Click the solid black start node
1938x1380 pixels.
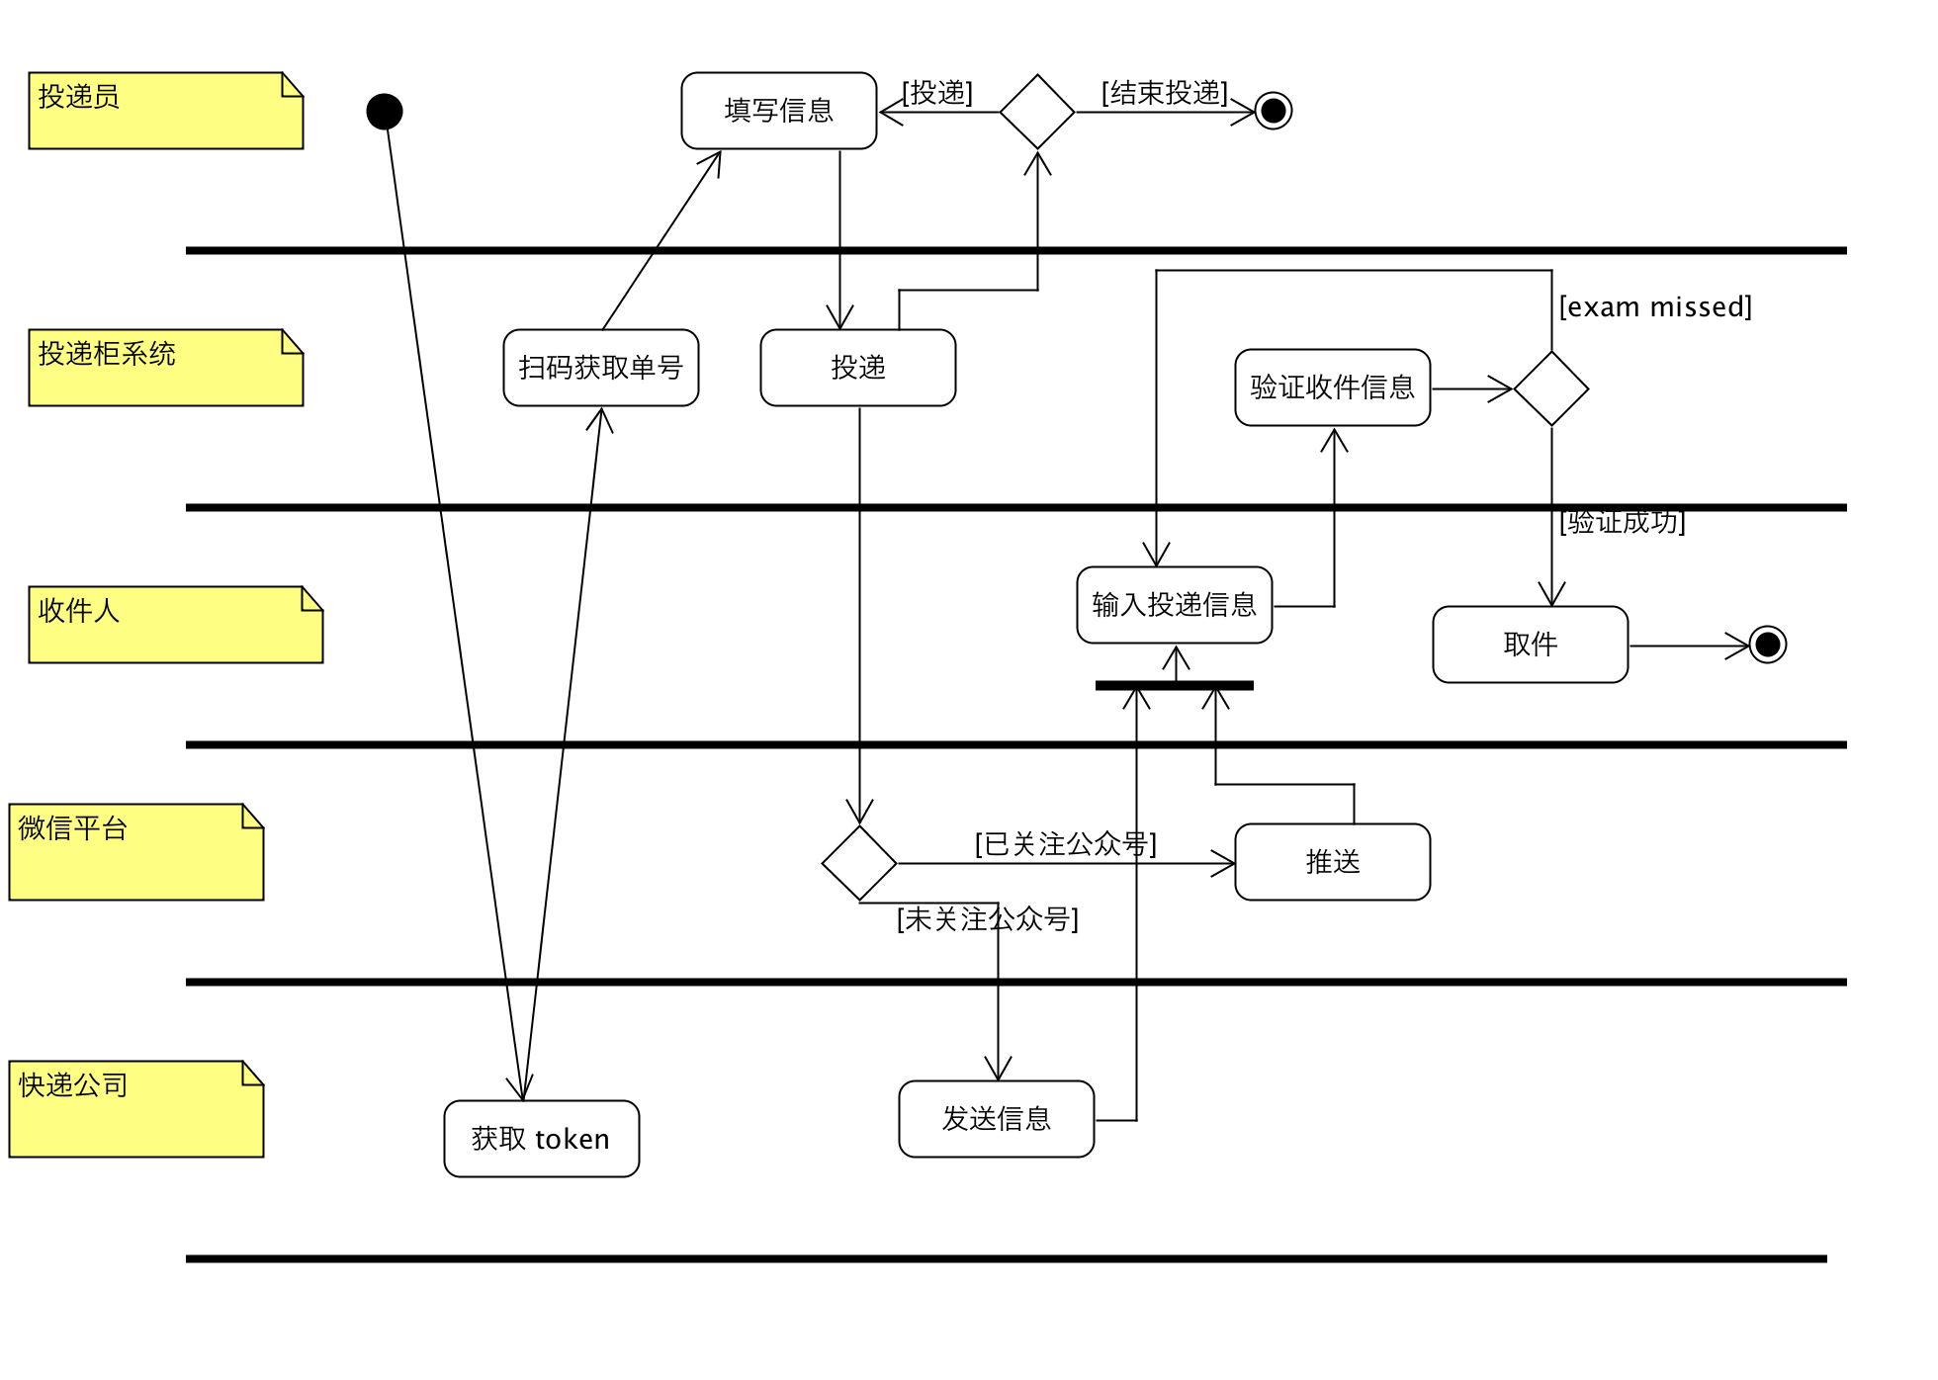point(384,112)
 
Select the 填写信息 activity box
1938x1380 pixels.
point(778,111)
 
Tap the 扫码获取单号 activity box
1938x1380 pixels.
point(600,368)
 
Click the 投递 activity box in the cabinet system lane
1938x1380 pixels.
point(857,368)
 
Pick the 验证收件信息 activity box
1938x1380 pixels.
point(1332,388)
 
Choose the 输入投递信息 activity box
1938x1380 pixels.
point(1174,605)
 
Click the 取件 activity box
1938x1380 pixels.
point(1530,645)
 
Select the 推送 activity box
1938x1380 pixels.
point(1332,862)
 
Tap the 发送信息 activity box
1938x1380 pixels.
point(996,1119)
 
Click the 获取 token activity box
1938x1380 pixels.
point(541,1139)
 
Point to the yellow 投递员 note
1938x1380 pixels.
point(165,111)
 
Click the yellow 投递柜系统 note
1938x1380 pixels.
point(165,368)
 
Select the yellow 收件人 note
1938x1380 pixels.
point(175,625)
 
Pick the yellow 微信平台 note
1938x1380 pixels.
point(135,852)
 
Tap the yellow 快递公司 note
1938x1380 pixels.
point(135,1109)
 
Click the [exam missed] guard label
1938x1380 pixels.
point(1654,307)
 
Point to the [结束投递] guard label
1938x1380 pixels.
point(1164,93)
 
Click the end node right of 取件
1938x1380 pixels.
point(1767,646)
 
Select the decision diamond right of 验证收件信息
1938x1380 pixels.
point(1550,388)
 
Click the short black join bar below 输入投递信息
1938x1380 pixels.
point(1174,685)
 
